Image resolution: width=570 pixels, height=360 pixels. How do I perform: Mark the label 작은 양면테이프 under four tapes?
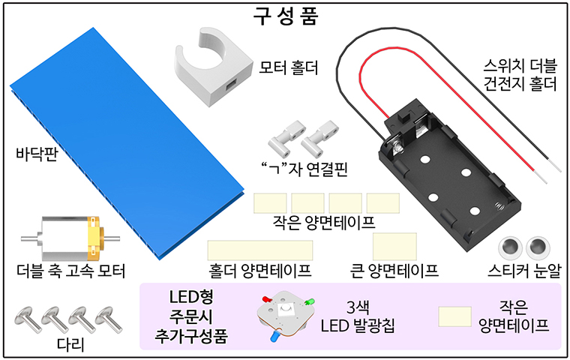(325, 223)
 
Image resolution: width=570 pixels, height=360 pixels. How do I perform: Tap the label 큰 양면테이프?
(394, 271)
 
